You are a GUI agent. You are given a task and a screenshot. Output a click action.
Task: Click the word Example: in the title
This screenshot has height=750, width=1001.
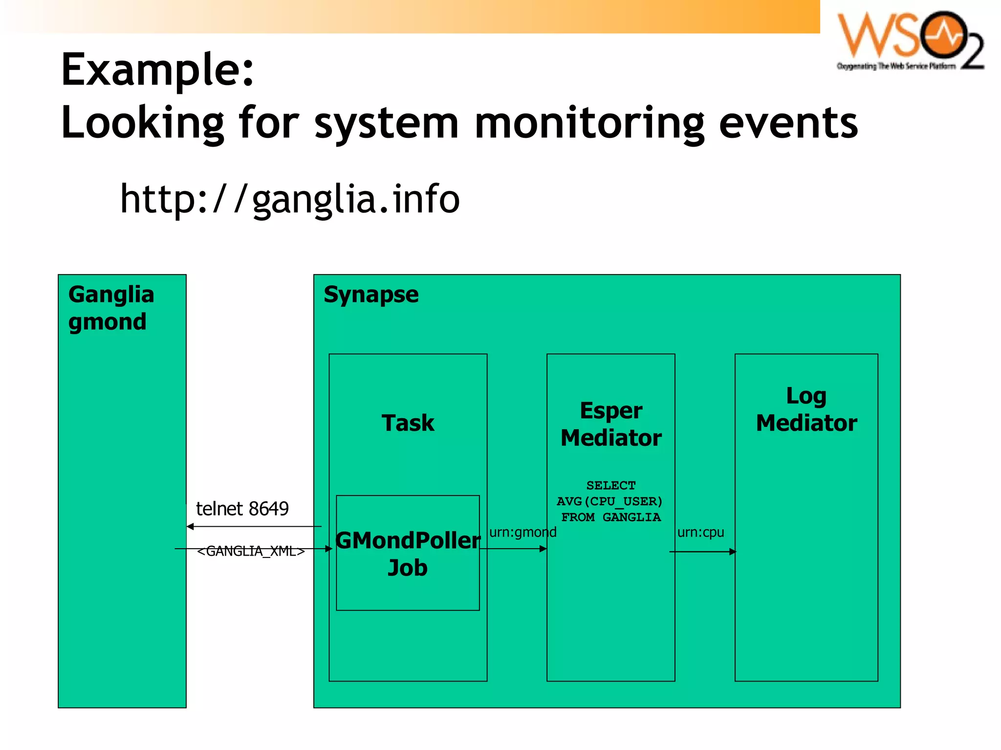pyautogui.click(x=157, y=70)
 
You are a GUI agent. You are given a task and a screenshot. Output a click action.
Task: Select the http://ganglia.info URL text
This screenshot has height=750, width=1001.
pyautogui.click(x=290, y=199)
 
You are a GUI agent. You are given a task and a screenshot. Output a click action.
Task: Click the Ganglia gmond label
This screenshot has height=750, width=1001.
pyautogui.click(x=111, y=308)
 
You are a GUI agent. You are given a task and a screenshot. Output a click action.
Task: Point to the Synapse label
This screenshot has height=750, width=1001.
pyautogui.click(x=371, y=295)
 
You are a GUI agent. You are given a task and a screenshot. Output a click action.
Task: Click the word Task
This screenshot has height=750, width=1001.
pyautogui.click(x=408, y=423)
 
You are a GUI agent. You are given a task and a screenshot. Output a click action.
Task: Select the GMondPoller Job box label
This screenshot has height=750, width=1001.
pyautogui.click(x=408, y=554)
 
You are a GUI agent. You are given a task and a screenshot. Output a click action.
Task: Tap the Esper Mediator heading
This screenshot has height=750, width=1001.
pyautogui.click(x=611, y=424)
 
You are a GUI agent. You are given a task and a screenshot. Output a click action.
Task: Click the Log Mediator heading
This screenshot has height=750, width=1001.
pyautogui.click(x=806, y=409)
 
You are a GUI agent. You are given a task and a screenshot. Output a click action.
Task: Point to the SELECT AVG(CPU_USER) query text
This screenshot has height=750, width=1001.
pyautogui.click(x=610, y=501)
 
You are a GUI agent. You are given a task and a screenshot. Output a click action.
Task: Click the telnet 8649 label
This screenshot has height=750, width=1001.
pyautogui.click(x=242, y=509)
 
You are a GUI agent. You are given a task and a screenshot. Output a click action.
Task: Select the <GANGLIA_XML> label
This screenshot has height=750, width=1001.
pyautogui.click(x=251, y=551)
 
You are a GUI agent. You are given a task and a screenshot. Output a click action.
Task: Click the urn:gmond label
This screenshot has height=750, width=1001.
pyautogui.click(x=522, y=532)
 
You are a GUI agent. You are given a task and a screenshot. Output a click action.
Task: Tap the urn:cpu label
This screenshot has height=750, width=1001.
pyautogui.click(x=700, y=532)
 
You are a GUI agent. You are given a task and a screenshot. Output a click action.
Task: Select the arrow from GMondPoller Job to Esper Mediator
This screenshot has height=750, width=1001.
pyautogui.click(x=513, y=549)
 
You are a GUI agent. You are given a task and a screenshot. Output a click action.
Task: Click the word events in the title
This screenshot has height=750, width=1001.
pyautogui.click(x=788, y=123)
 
